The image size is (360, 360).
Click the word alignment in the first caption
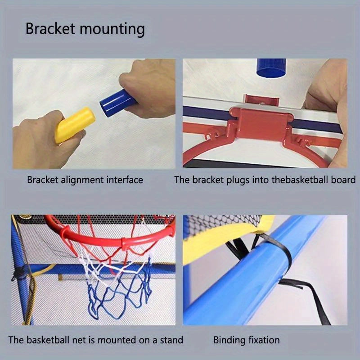coord(81,180)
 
